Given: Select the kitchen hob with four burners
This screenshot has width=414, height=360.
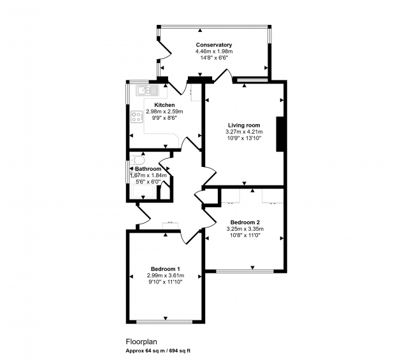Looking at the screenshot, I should [x=136, y=117].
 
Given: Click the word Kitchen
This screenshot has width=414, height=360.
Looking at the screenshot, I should [x=164, y=105].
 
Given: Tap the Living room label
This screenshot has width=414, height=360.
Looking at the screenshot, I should [x=244, y=125].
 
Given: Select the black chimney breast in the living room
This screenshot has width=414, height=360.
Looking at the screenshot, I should [x=279, y=134].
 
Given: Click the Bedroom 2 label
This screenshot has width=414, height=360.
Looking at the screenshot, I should [x=245, y=222].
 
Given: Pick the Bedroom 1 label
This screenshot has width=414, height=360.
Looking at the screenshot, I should [x=166, y=268].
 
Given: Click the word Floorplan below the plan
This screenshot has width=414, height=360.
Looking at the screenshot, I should [x=140, y=342].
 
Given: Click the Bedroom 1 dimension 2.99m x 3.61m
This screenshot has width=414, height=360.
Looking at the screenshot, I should [x=166, y=275].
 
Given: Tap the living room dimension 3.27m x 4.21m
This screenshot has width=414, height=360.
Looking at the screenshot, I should [x=244, y=131].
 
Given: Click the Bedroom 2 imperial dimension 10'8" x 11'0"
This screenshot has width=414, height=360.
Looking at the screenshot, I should [x=245, y=235].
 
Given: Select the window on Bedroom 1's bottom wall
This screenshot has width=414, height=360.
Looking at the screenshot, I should [x=164, y=321].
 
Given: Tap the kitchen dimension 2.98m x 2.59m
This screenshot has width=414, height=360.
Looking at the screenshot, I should [x=164, y=112].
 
